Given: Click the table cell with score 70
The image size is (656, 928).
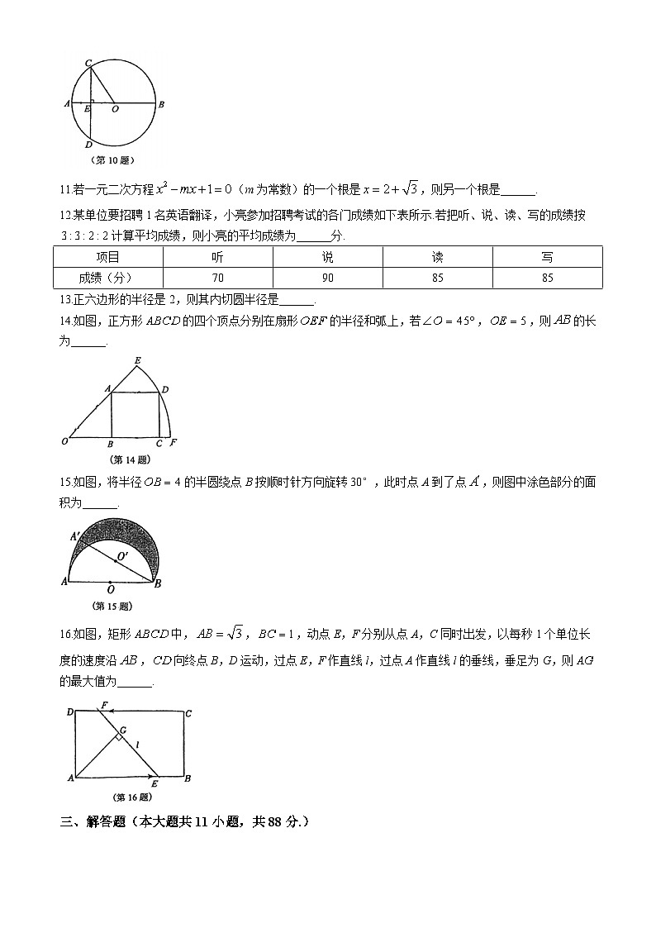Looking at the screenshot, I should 218,278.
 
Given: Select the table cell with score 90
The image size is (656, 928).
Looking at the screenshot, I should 328,278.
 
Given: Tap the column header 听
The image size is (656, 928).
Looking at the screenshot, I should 218,257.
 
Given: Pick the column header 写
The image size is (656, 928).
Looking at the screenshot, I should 547,257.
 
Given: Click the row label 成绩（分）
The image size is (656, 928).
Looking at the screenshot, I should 107,278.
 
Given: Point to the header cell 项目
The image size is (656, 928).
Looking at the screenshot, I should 107,257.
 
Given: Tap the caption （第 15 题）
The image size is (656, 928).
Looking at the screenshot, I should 112,606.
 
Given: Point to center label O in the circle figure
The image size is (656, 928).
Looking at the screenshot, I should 114,108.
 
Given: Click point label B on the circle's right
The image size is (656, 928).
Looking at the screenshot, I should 162,104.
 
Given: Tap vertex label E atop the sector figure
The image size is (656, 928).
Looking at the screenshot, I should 136,359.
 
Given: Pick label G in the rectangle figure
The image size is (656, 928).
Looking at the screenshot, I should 122,731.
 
